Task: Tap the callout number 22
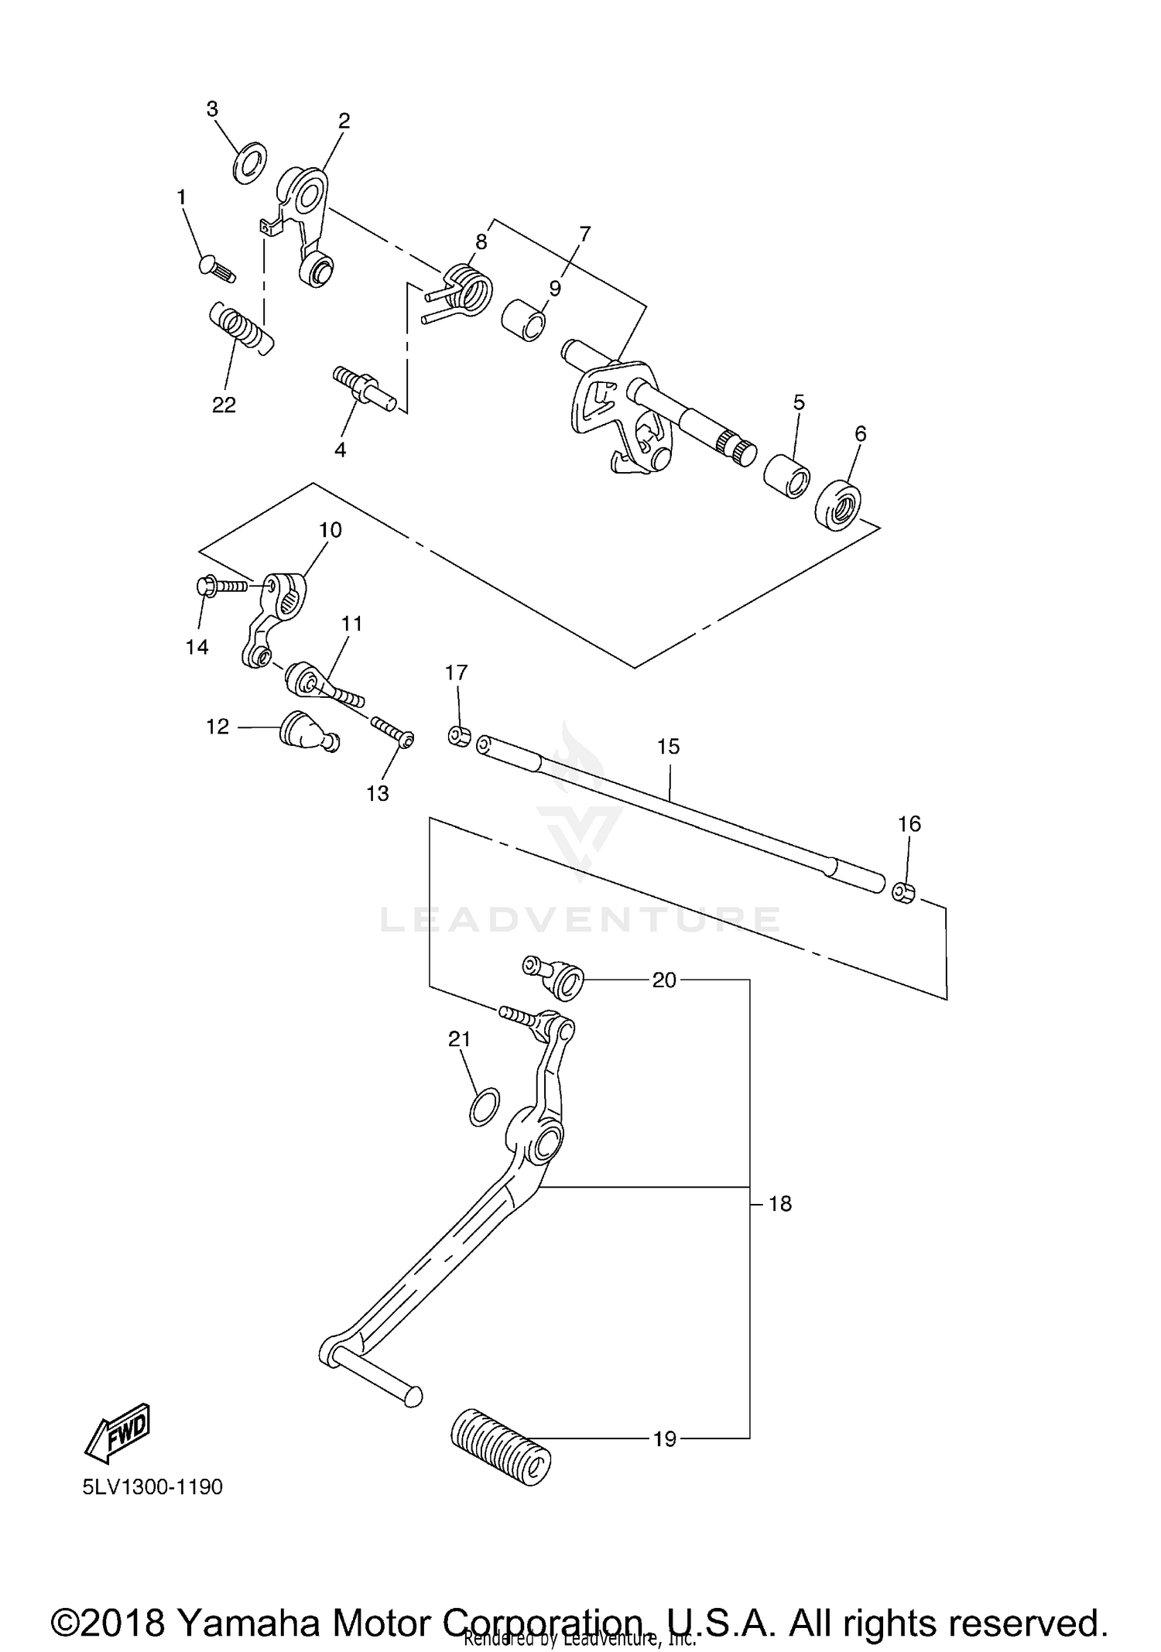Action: coord(224,405)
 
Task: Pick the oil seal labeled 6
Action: coord(838,506)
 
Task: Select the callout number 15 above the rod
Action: coord(668,747)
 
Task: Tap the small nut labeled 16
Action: coord(903,891)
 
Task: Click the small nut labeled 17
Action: coord(459,735)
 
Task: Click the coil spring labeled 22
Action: coord(241,326)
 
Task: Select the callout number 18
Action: coord(780,1204)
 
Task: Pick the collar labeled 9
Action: coord(523,320)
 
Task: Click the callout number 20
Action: coord(664,980)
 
